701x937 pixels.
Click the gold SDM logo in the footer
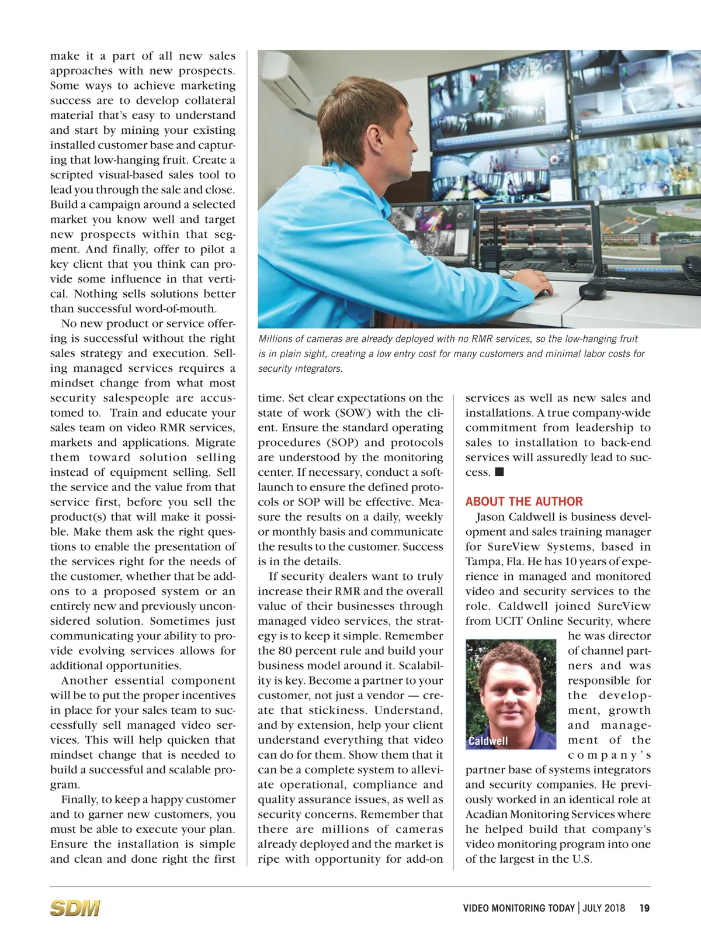pos(75,908)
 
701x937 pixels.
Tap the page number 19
pos(644,908)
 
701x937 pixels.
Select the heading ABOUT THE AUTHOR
pos(524,502)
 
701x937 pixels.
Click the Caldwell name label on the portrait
pos(488,741)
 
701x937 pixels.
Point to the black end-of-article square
pos(499,472)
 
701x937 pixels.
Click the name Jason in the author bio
pos(490,517)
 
